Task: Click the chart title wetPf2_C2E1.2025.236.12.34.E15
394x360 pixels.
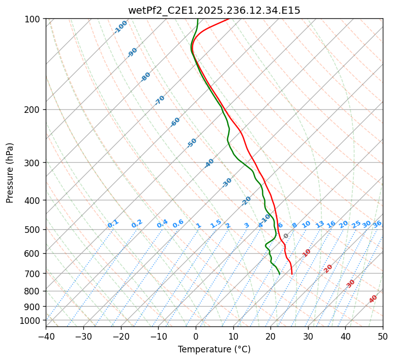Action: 214,10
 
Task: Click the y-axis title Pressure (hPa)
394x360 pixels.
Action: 10,172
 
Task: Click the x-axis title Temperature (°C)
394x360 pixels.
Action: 214,350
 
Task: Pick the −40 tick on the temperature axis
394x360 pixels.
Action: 46,336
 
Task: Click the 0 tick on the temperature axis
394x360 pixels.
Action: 196,336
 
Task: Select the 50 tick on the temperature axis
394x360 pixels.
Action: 383,336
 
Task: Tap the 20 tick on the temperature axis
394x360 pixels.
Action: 270,336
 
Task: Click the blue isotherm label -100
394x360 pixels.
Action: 120,27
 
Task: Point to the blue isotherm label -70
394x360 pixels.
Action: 160,100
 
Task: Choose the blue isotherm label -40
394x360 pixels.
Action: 209,163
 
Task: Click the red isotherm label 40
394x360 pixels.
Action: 373,299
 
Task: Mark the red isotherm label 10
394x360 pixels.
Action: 307,253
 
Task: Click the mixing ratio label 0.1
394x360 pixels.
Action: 113,224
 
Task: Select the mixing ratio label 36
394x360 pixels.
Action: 377,224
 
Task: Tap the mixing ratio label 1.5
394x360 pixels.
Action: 216,224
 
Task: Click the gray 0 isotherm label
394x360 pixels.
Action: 286,236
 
